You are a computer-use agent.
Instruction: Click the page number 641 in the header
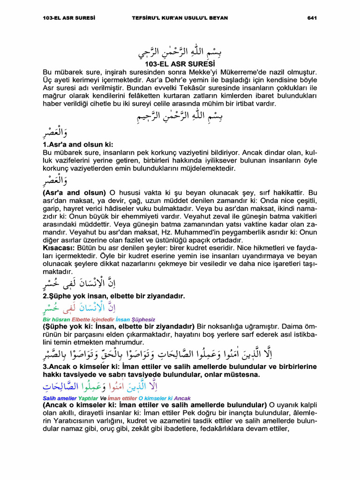point(312,18)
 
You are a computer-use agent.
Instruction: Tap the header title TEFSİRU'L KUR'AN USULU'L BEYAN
point(180,18)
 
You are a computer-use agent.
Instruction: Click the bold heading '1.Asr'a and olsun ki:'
point(78,145)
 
